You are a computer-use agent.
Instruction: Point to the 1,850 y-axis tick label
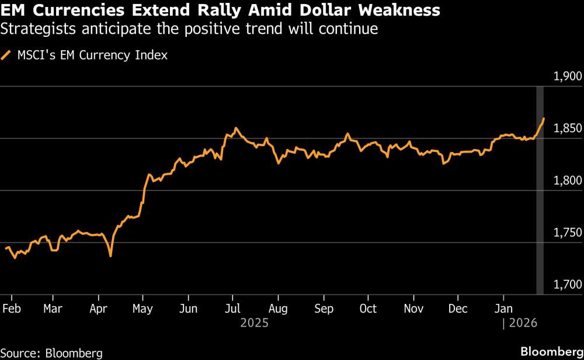click(x=567, y=129)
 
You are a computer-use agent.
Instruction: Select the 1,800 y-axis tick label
click(x=567, y=181)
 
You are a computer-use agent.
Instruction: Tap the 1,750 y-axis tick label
click(x=567, y=233)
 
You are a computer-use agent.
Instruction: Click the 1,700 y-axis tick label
click(x=567, y=285)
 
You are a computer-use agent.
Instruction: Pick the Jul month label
click(x=232, y=309)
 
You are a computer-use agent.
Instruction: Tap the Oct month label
click(x=369, y=309)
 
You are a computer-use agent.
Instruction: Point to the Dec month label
click(x=458, y=309)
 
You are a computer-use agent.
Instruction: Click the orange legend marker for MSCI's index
click(x=6, y=56)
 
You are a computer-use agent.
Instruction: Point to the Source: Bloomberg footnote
click(x=51, y=352)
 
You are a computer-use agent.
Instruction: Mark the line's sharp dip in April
click(x=110, y=255)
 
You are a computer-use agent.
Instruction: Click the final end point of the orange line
click(x=544, y=119)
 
